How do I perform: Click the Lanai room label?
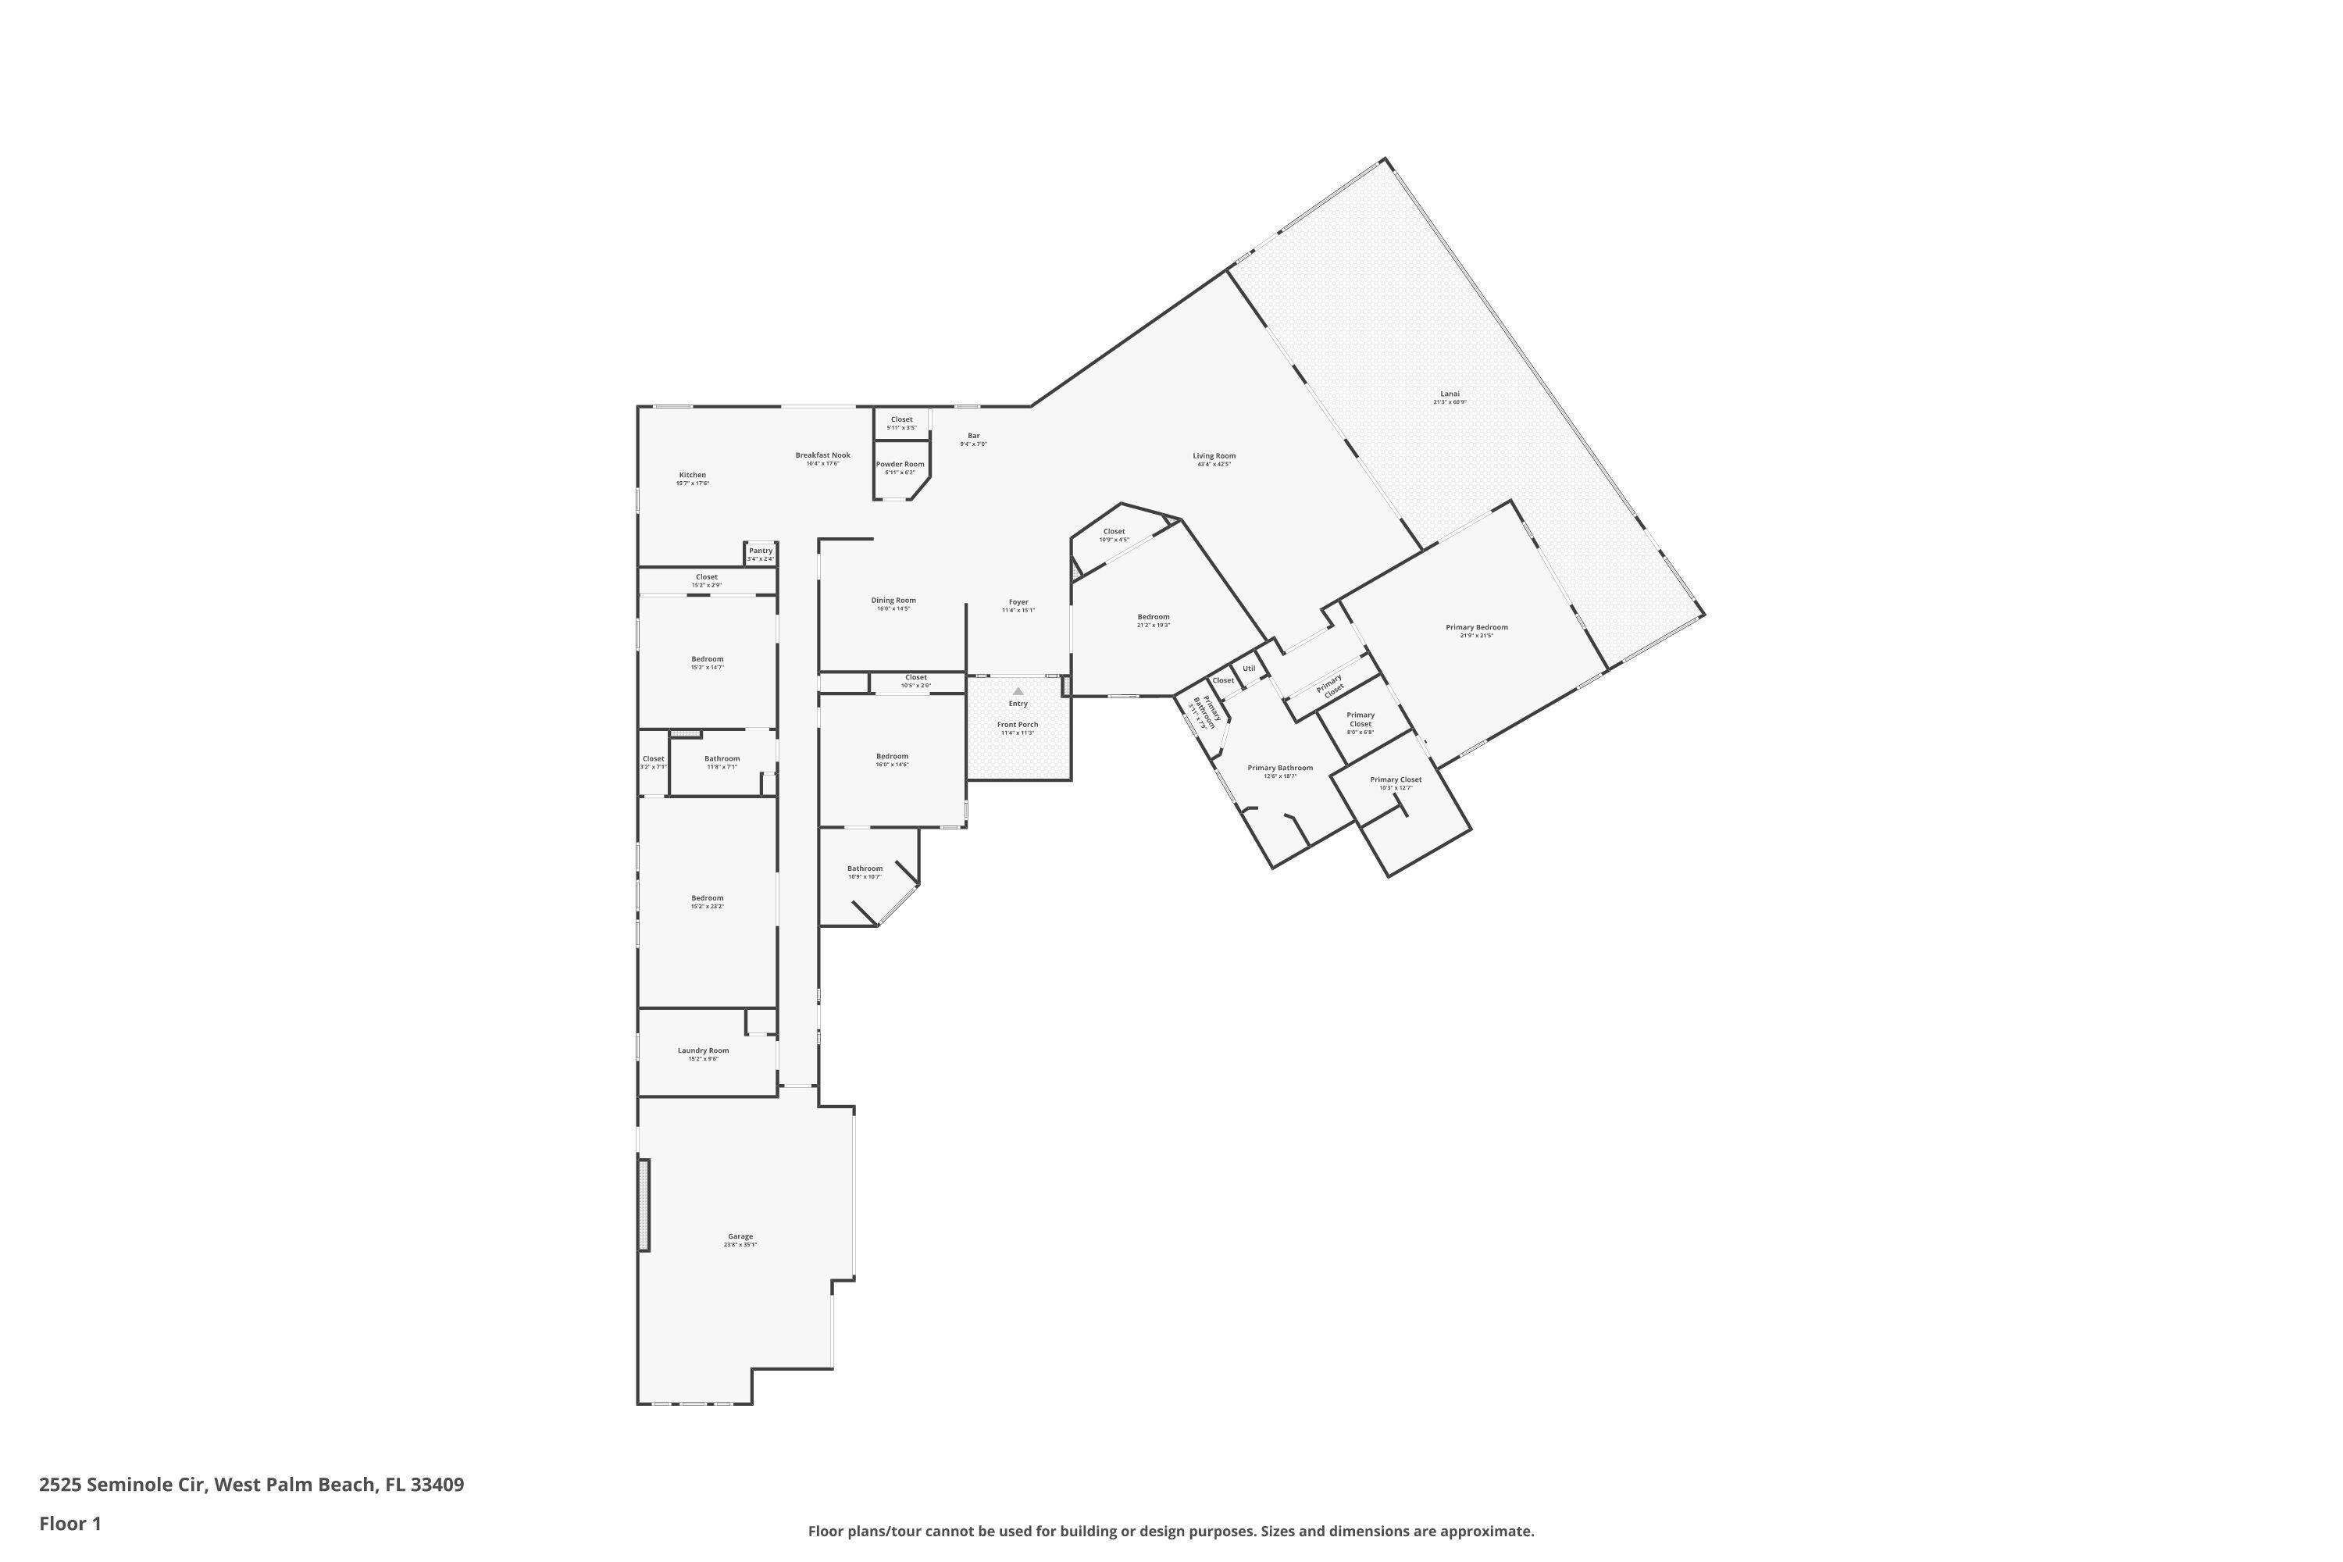[x=1450, y=394]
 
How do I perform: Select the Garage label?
[x=740, y=1237]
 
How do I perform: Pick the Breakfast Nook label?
[x=823, y=456]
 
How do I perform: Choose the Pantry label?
[x=760, y=551]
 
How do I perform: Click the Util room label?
[x=1249, y=669]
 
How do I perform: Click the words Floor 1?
[x=70, y=1523]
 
